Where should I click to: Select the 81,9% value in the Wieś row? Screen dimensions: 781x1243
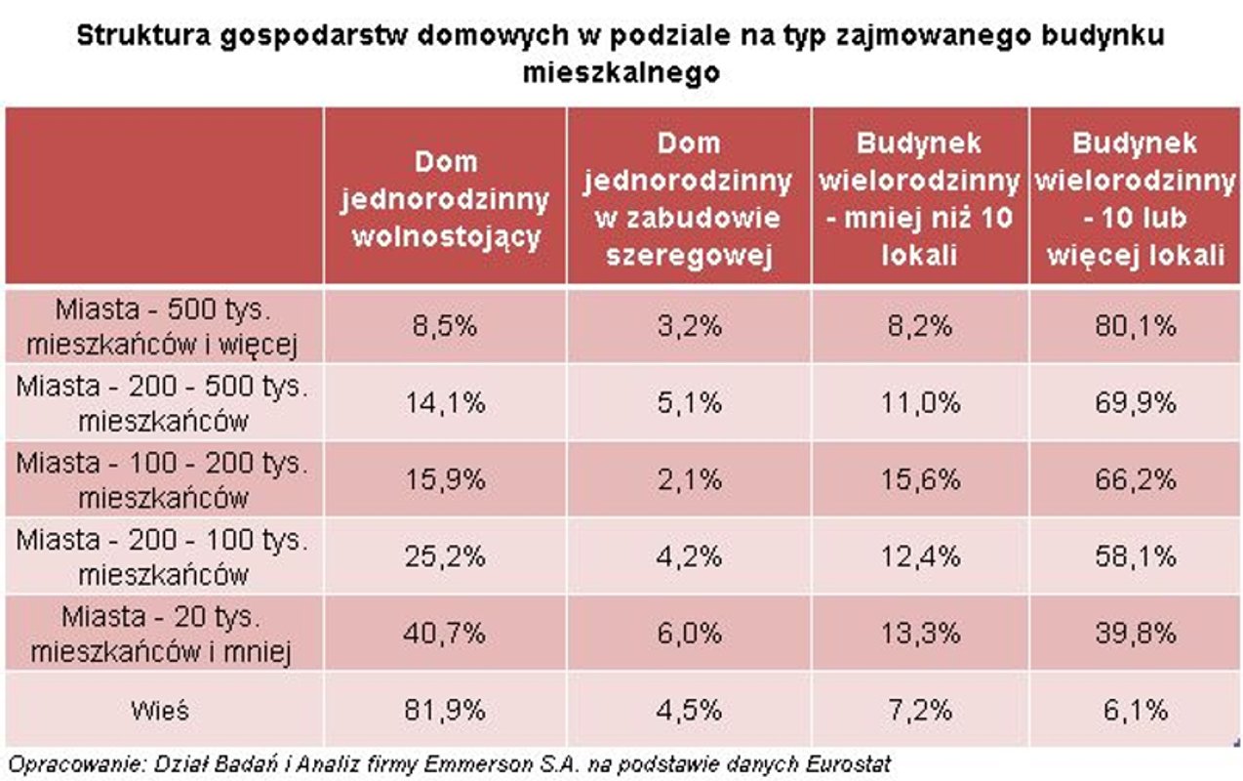[445, 710]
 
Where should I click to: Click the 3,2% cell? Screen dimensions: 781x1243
[688, 325]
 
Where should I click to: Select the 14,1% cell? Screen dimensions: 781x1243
[445, 402]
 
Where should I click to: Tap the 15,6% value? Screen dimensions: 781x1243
[919, 479]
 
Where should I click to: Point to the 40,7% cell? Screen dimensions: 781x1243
[445, 634]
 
